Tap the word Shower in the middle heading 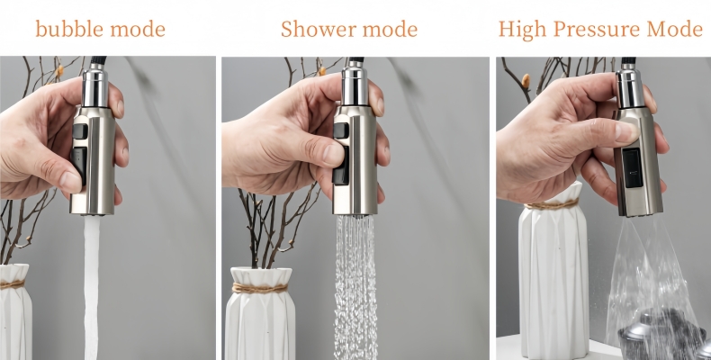315,29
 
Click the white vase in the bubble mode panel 14,315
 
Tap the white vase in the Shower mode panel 259,319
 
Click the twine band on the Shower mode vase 259,288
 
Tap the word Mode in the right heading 673,29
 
